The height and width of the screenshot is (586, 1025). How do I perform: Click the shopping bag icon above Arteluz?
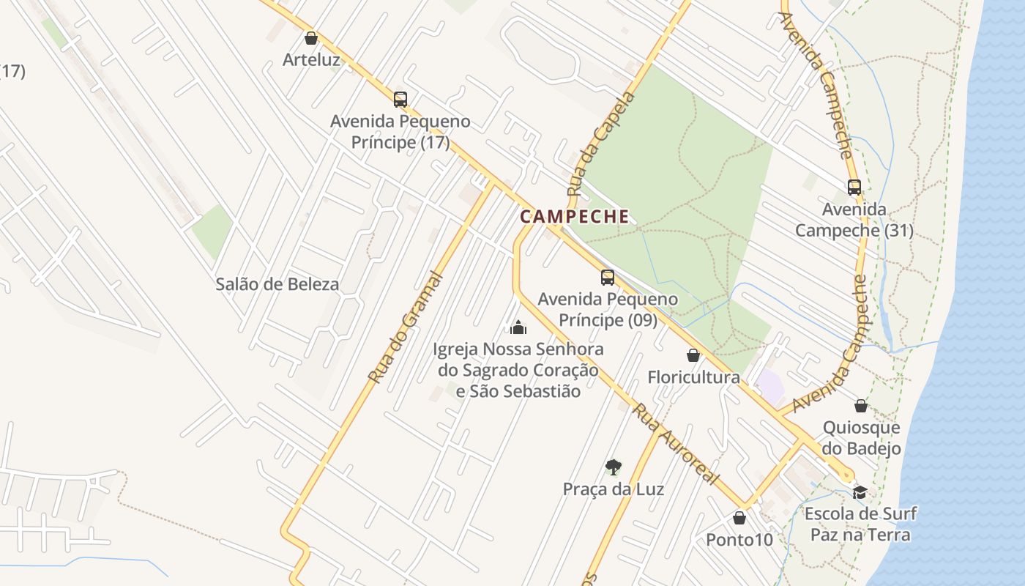(x=311, y=38)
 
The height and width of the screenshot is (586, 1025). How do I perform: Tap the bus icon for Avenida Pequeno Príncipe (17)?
(x=400, y=99)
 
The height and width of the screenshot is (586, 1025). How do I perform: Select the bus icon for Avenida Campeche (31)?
(x=854, y=187)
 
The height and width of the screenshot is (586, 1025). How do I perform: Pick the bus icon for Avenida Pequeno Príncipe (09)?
(x=607, y=278)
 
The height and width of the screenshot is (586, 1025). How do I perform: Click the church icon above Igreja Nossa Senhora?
(x=518, y=327)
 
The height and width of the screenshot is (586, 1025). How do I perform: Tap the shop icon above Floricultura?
(x=693, y=356)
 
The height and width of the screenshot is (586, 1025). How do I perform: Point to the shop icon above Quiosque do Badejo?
(x=861, y=405)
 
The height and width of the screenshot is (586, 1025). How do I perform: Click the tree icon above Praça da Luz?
(x=613, y=467)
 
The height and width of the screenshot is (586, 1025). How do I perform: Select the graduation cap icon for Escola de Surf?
(x=860, y=492)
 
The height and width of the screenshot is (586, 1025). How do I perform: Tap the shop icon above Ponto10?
(x=739, y=518)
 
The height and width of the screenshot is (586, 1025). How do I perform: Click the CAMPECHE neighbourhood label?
(x=575, y=217)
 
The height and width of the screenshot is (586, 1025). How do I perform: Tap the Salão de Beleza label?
(x=277, y=284)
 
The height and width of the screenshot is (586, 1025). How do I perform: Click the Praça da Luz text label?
(x=614, y=489)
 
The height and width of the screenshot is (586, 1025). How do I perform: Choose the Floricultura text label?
(x=693, y=377)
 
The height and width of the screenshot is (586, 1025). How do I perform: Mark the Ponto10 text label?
(x=739, y=540)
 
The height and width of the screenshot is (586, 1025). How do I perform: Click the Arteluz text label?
(x=312, y=59)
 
